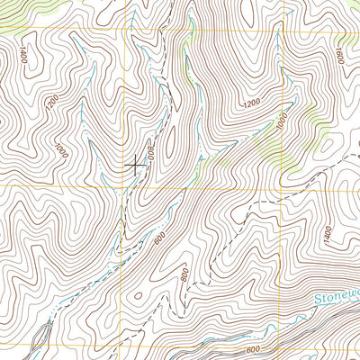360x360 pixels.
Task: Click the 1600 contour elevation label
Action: click(x=339, y=56)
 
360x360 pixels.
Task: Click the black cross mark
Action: click(x=134, y=165)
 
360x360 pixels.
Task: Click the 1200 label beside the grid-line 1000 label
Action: click(x=253, y=106)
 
